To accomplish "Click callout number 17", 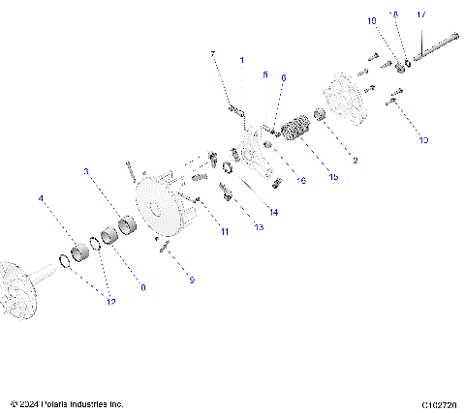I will (x=421, y=15).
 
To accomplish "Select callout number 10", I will (x=423, y=140).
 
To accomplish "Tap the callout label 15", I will (x=334, y=177).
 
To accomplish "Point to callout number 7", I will (x=213, y=54).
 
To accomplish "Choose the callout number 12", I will (x=111, y=303).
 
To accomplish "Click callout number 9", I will (x=192, y=280).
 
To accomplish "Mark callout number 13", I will (x=258, y=227).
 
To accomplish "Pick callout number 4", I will (x=41, y=199).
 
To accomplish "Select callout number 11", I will (x=224, y=232).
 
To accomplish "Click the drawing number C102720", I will (x=439, y=403).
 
